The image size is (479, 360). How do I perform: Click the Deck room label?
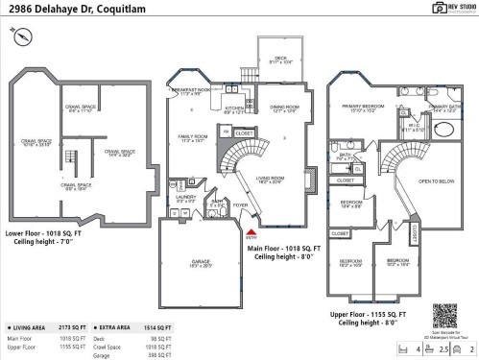click(x=280, y=60)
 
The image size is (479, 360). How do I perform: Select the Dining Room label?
click(x=284, y=108)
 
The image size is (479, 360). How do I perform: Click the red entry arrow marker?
click(x=251, y=231)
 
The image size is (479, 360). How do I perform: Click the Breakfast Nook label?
click(x=192, y=91)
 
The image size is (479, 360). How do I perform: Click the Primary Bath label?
click(x=443, y=108)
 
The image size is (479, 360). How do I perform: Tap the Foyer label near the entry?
click(x=239, y=204)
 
